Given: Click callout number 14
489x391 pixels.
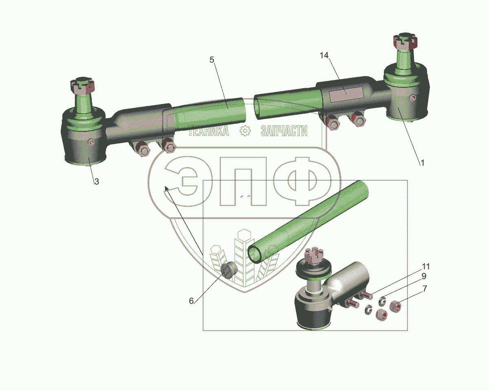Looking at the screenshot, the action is tap(324, 56).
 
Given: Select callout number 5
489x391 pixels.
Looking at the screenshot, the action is tap(212, 60).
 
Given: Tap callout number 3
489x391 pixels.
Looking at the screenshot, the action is tap(97, 182).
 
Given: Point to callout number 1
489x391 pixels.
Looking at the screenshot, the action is tap(422, 163).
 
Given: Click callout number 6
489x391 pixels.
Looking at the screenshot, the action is tap(191, 301).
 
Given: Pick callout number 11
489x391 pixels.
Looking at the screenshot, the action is tap(426, 266).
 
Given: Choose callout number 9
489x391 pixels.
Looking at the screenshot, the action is tap(424, 276).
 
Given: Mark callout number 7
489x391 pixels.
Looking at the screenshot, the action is tap(425, 289).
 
